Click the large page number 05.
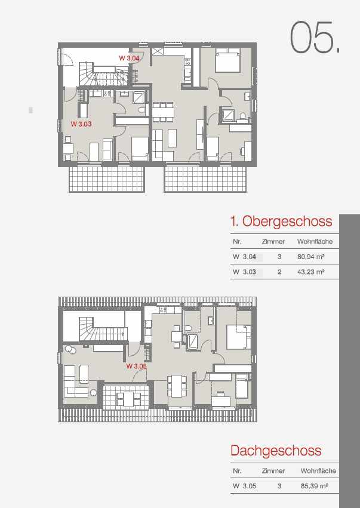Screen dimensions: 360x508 pos(315,37)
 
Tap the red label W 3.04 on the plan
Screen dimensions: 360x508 pos(130,59)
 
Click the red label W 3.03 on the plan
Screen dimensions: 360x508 pos(81,124)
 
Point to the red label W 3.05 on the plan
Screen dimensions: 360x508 pos(136,367)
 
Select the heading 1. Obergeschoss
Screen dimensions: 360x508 pos(281,221)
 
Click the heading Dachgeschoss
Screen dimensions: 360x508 pos(276,451)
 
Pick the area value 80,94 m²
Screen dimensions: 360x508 pos(311,257)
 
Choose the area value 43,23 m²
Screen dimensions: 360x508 pos(311,272)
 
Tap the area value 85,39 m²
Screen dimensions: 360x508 pos(314,486)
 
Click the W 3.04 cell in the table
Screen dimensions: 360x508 pos(244,257)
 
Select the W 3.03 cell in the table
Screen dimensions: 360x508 pos(244,272)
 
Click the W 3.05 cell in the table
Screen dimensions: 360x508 pos(244,486)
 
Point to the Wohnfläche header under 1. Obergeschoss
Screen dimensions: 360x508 pos(315,241)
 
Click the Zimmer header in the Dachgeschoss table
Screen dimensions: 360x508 pos(273,471)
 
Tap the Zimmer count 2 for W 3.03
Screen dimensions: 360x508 pos(279,272)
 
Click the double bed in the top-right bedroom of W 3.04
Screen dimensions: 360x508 pos(228,60)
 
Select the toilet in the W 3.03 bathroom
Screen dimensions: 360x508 pos(141,110)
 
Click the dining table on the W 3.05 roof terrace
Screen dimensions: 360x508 pos(128,398)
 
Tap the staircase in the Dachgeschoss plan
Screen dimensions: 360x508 pos(102,329)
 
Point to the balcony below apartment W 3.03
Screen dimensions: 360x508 pos(107,180)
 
